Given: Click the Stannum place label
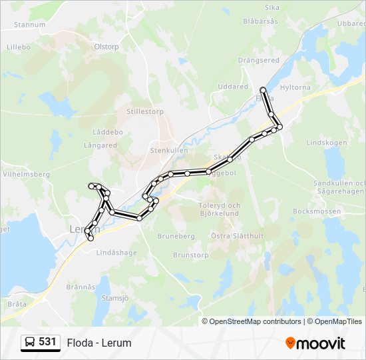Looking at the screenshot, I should point(29,25).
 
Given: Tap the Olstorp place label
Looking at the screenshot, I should point(106,47).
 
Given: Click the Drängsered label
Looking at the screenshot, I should point(258,60).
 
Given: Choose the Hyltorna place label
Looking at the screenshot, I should point(295,87).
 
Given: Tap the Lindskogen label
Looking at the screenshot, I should point(326,143).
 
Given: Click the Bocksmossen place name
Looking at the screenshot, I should point(317,211).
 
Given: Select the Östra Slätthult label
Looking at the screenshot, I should point(237,236).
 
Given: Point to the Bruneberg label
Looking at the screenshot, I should point(176,236).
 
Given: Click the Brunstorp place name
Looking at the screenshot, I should point(191,255).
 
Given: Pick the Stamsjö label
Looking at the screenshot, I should point(114,298).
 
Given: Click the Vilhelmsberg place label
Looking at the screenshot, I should point(27,174).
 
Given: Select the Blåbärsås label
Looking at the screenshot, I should point(260,21).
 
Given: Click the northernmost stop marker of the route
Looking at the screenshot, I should point(264,90).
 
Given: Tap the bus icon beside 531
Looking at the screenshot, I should point(30,343).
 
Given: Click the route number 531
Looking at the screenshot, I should point(47,342).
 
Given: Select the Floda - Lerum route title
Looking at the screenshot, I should point(99,343).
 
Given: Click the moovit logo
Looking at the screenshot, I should point(315,343).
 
